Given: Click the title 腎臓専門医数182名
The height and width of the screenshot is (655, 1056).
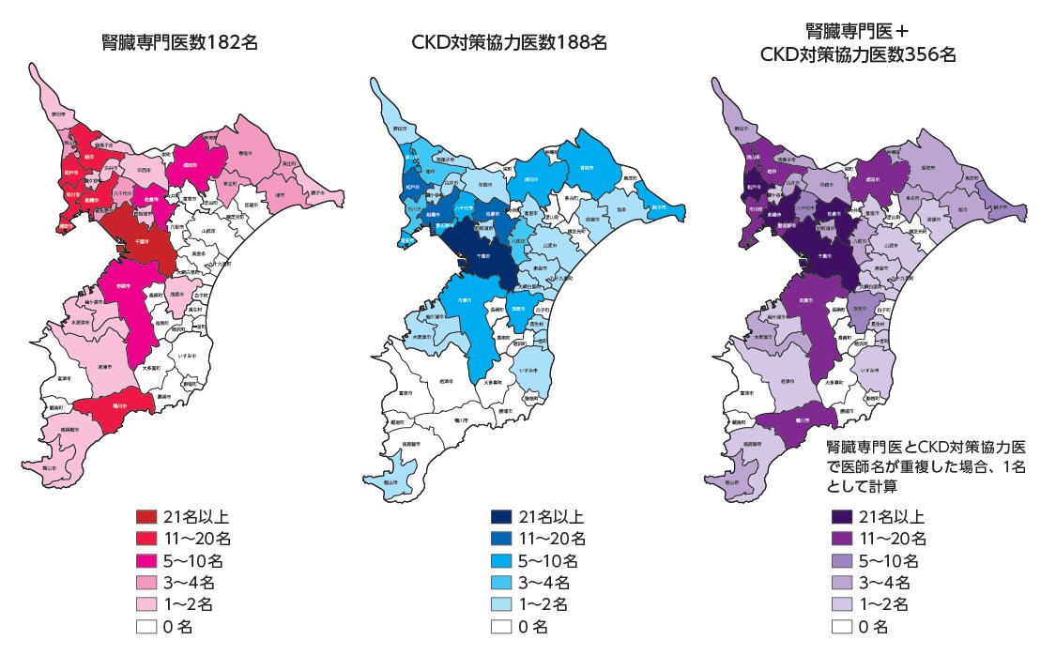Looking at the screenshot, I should [179, 42].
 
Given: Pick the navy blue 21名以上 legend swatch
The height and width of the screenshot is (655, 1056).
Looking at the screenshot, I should [501, 517].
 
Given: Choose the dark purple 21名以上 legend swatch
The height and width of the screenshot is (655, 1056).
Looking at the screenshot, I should [843, 517].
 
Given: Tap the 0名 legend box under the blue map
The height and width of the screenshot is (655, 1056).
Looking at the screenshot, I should [501, 626].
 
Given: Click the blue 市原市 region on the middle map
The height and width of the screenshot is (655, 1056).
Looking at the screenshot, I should [466, 300].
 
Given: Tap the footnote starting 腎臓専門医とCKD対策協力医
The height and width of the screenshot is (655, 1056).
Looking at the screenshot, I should [925, 465].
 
